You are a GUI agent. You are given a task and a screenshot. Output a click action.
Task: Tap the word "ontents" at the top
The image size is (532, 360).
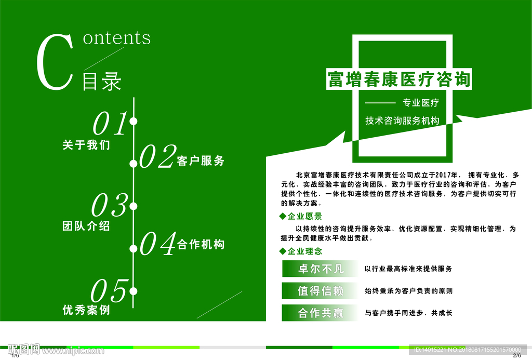pyautogui.click(x=117, y=37)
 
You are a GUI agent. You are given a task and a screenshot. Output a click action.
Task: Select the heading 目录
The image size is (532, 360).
pyautogui.click(x=102, y=81)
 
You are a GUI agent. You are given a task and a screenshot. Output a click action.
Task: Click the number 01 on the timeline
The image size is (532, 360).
pyautogui.click(x=110, y=123)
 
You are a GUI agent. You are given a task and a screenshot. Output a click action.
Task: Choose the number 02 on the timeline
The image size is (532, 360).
pyautogui.click(x=157, y=156)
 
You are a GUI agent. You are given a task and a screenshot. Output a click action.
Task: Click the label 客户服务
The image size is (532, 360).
pyautogui.click(x=201, y=161)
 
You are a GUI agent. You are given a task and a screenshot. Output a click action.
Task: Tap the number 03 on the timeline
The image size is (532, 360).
pyautogui.click(x=109, y=205)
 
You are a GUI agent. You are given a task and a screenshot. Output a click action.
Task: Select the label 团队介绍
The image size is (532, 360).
pyautogui.click(x=86, y=226)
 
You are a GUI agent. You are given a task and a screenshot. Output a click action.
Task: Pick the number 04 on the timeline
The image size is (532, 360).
pyautogui.click(x=157, y=244)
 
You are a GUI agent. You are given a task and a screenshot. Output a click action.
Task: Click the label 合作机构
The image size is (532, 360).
pyautogui.click(x=201, y=244)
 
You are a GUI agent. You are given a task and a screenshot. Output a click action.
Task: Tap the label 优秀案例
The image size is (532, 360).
pyautogui.click(x=86, y=310)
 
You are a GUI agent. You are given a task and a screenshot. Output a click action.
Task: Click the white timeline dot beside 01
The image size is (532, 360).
pyautogui.click(x=134, y=122)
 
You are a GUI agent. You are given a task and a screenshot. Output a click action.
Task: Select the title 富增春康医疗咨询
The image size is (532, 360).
pyautogui.click(x=398, y=79)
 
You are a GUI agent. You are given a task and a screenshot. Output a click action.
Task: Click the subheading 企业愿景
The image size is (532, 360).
pyautogui.click(x=304, y=216)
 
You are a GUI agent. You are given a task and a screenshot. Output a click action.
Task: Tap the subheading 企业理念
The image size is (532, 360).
pyautogui.click(x=304, y=251)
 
